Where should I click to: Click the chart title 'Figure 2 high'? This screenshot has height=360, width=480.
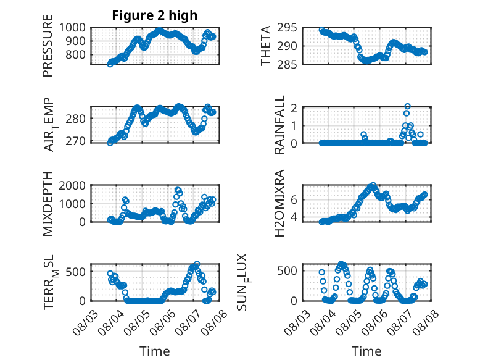155,15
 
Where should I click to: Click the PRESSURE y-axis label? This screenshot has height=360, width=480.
48,46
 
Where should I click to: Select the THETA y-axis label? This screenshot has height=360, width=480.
266,46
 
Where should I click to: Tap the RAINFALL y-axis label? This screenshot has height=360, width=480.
279,125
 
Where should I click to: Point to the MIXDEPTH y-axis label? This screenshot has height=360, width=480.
48,203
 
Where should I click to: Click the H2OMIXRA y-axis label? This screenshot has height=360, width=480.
279,203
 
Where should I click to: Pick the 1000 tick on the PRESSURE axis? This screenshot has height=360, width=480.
72,28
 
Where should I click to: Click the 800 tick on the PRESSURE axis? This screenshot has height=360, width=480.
76,55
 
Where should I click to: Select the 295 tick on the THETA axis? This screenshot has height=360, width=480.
287,28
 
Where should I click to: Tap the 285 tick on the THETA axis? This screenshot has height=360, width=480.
287,64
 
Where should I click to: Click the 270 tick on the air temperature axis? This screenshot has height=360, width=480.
76,141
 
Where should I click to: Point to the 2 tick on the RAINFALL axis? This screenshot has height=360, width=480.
294,108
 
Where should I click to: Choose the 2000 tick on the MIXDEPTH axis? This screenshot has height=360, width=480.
72,185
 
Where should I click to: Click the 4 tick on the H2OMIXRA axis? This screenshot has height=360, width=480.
294,217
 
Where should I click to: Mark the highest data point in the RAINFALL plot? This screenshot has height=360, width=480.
407,106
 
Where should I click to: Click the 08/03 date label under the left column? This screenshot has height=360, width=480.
85,322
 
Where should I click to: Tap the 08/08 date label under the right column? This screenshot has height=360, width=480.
426,322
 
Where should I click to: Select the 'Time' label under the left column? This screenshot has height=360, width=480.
155,351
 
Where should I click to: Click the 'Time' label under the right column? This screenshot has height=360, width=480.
366,351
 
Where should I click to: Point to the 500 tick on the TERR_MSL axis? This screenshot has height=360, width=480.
76,272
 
